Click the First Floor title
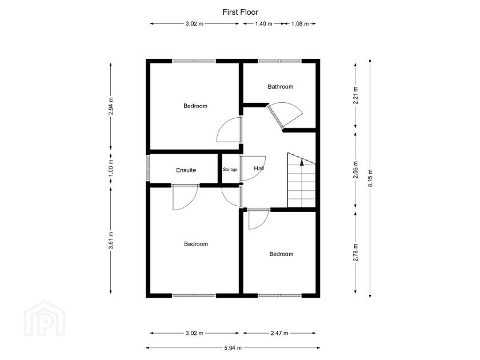pyautogui.click(x=239, y=11)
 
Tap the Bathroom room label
pyautogui.click(x=280, y=87)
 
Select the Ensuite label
pyautogui.click(x=186, y=170)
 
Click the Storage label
pyautogui.click(x=230, y=170)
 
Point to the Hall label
pyautogui.click(x=258, y=169)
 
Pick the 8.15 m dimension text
pyautogui.click(x=370, y=178)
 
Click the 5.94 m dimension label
pyautogui.click(x=232, y=347)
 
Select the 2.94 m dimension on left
pyautogui.click(x=110, y=106)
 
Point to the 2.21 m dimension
pyautogui.click(x=355, y=94)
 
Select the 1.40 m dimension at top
pyautogui.click(x=263, y=24)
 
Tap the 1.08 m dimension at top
pyautogui.click(x=300, y=24)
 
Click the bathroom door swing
pyautogui.click(x=289, y=114)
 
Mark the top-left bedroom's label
pyautogui.click(x=195, y=106)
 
